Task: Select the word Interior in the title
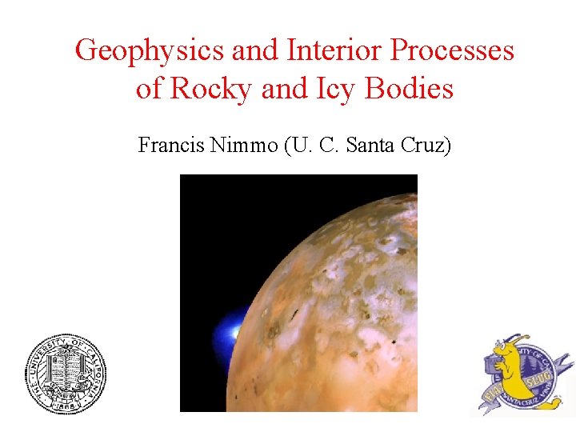pyautogui.click(x=335, y=51)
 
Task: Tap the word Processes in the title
pyautogui.click(x=451, y=51)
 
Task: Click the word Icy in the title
pyautogui.click(x=335, y=89)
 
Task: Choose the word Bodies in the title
pyautogui.click(x=409, y=89)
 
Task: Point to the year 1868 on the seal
pyautogui.click(x=65, y=404)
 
